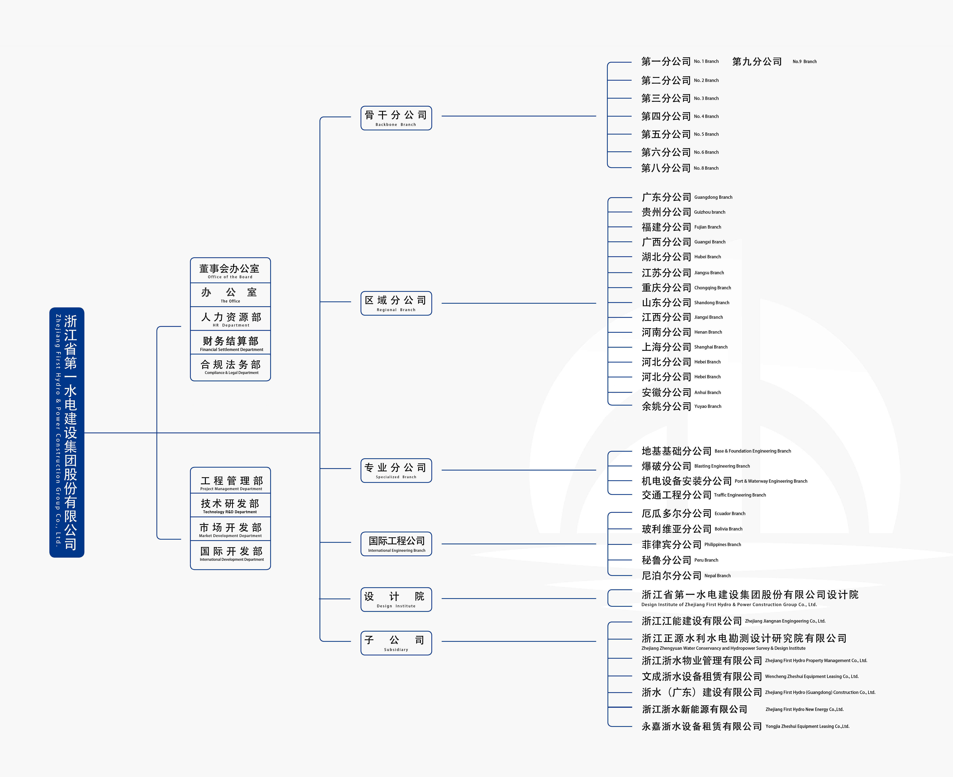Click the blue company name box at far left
click(x=67, y=432)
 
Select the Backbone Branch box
click(x=396, y=118)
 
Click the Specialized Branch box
click(x=396, y=470)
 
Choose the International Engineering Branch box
click(x=396, y=544)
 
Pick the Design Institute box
click(x=396, y=599)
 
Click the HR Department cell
click(x=230, y=319)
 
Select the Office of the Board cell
click(x=230, y=270)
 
